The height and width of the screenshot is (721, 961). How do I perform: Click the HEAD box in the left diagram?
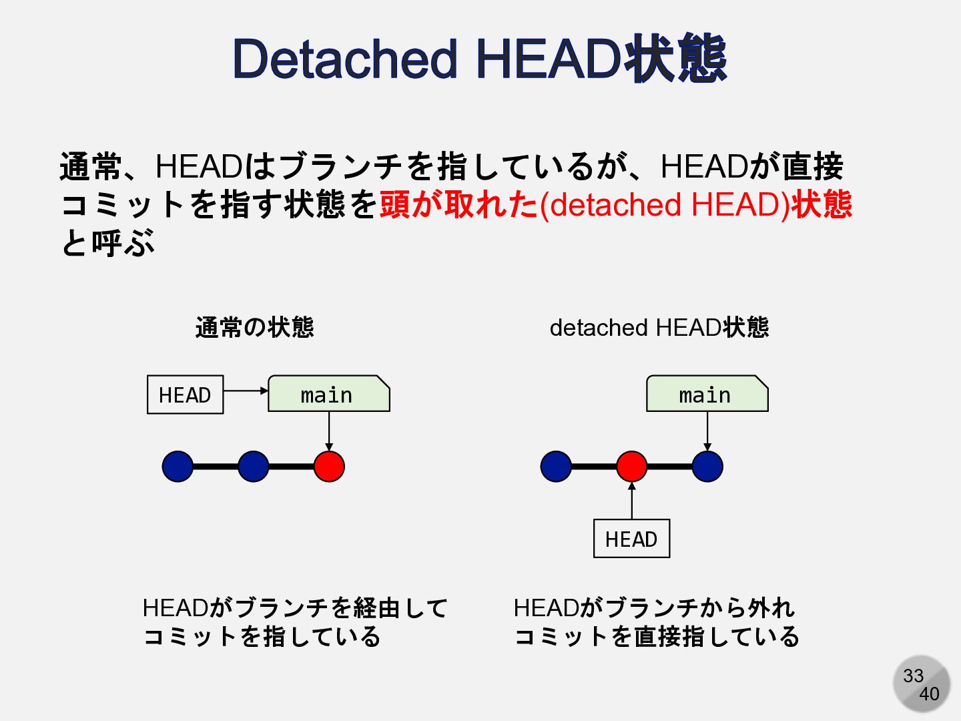(185, 395)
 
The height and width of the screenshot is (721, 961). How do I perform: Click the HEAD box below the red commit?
(631, 539)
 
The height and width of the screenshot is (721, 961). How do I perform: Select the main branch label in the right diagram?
(707, 395)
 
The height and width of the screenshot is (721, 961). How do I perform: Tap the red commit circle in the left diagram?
(329, 466)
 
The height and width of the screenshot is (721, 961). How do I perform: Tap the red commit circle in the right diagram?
(631, 466)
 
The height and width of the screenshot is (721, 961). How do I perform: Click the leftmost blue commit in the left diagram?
(178, 466)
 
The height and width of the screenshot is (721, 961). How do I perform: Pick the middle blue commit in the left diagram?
(253, 466)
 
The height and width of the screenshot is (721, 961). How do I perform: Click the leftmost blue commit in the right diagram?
(556, 466)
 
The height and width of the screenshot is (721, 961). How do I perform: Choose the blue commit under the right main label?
(707, 466)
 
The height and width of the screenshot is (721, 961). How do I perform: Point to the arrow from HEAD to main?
(246, 391)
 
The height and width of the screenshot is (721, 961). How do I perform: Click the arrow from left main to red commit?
(329, 431)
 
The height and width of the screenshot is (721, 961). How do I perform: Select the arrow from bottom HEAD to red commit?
(631, 501)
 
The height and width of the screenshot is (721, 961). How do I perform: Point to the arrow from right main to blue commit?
(707, 431)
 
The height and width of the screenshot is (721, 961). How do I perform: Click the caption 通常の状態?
(254, 327)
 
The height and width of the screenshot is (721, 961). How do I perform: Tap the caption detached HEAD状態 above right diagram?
(659, 327)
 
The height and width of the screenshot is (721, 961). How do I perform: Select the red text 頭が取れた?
(458, 204)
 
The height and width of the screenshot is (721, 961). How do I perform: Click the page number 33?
(913, 676)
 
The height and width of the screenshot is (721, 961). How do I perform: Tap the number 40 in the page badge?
(929, 694)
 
